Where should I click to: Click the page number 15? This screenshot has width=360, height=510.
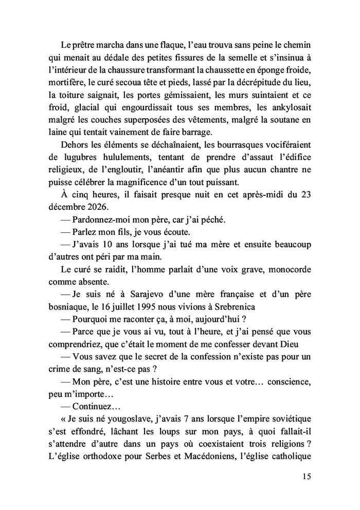(307, 476)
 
